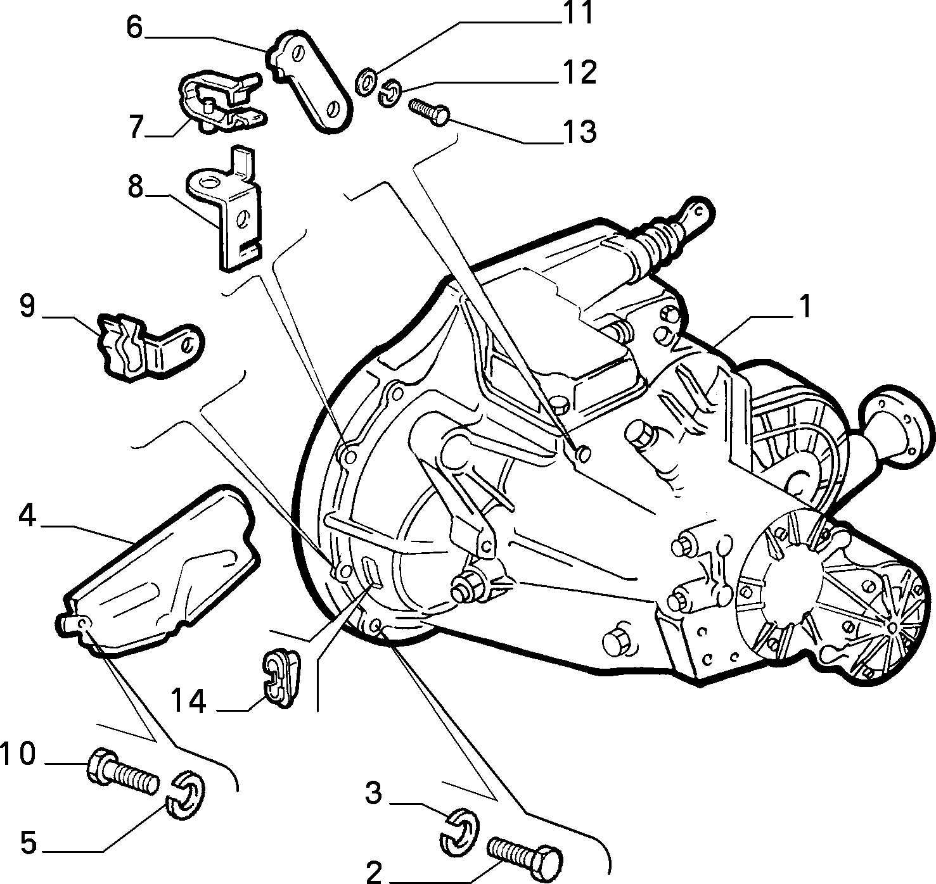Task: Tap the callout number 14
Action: (x=189, y=701)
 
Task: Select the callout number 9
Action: (x=27, y=305)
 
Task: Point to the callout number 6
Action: (x=135, y=27)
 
